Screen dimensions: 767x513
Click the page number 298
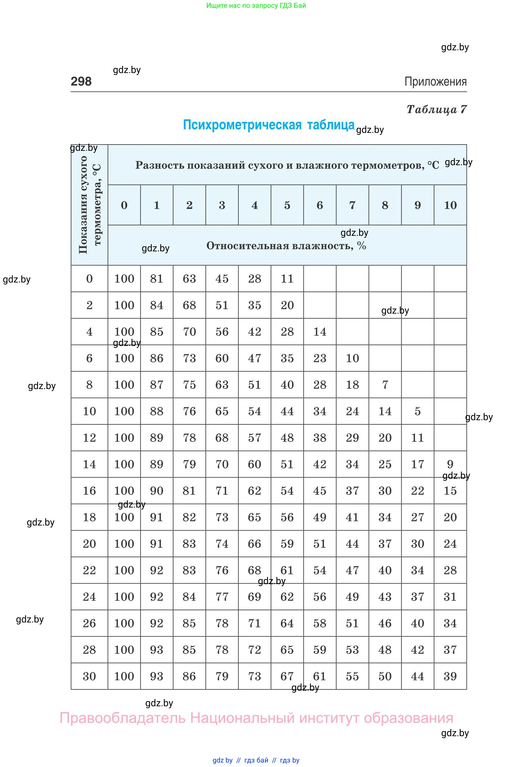click(x=81, y=81)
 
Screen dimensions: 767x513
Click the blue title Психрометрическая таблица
click(x=268, y=125)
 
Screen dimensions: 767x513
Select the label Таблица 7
click(x=436, y=109)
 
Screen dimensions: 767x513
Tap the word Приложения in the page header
click(x=435, y=81)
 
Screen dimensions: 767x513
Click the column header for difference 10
click(x=450, y=205)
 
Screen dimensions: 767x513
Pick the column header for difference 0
click(x=124, y=205)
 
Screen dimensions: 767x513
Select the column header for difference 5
click(x=287, y=205)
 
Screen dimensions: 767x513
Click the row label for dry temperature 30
click(x=89, y=676)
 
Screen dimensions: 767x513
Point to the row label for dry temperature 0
click(x=89, y=279)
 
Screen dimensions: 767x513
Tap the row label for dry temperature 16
click(x=89, y=490)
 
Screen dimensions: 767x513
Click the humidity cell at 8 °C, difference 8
click(x=385, y=385)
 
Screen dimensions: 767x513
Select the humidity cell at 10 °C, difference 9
click(x=417, y=411)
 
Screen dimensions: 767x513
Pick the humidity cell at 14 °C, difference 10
click(x=450, y=464)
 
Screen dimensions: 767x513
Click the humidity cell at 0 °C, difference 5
click(x=287, y=279)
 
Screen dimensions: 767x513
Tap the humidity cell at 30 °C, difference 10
click(x=450, y=676)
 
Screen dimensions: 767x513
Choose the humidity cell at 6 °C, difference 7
click(x=352, y=358)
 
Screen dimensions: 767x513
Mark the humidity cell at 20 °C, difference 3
click(x=222, y=544)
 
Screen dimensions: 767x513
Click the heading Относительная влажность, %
click(x=286, y=245)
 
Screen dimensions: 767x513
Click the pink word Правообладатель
click(x=122, y=718)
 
